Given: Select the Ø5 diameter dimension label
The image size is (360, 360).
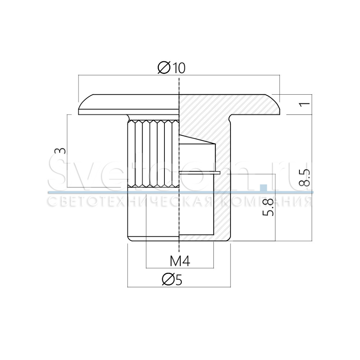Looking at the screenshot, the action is coord(172,279).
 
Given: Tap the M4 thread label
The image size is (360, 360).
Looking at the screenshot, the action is coord(180,261).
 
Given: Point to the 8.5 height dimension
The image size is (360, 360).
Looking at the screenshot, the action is coord(304,178).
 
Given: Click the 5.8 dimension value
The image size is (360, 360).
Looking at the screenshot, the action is coord(268,207).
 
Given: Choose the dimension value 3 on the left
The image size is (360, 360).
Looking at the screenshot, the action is coord(60,151).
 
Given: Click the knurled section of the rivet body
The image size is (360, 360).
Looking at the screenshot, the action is coord(153,153).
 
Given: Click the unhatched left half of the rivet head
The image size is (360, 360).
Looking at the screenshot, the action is coord(128,104).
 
